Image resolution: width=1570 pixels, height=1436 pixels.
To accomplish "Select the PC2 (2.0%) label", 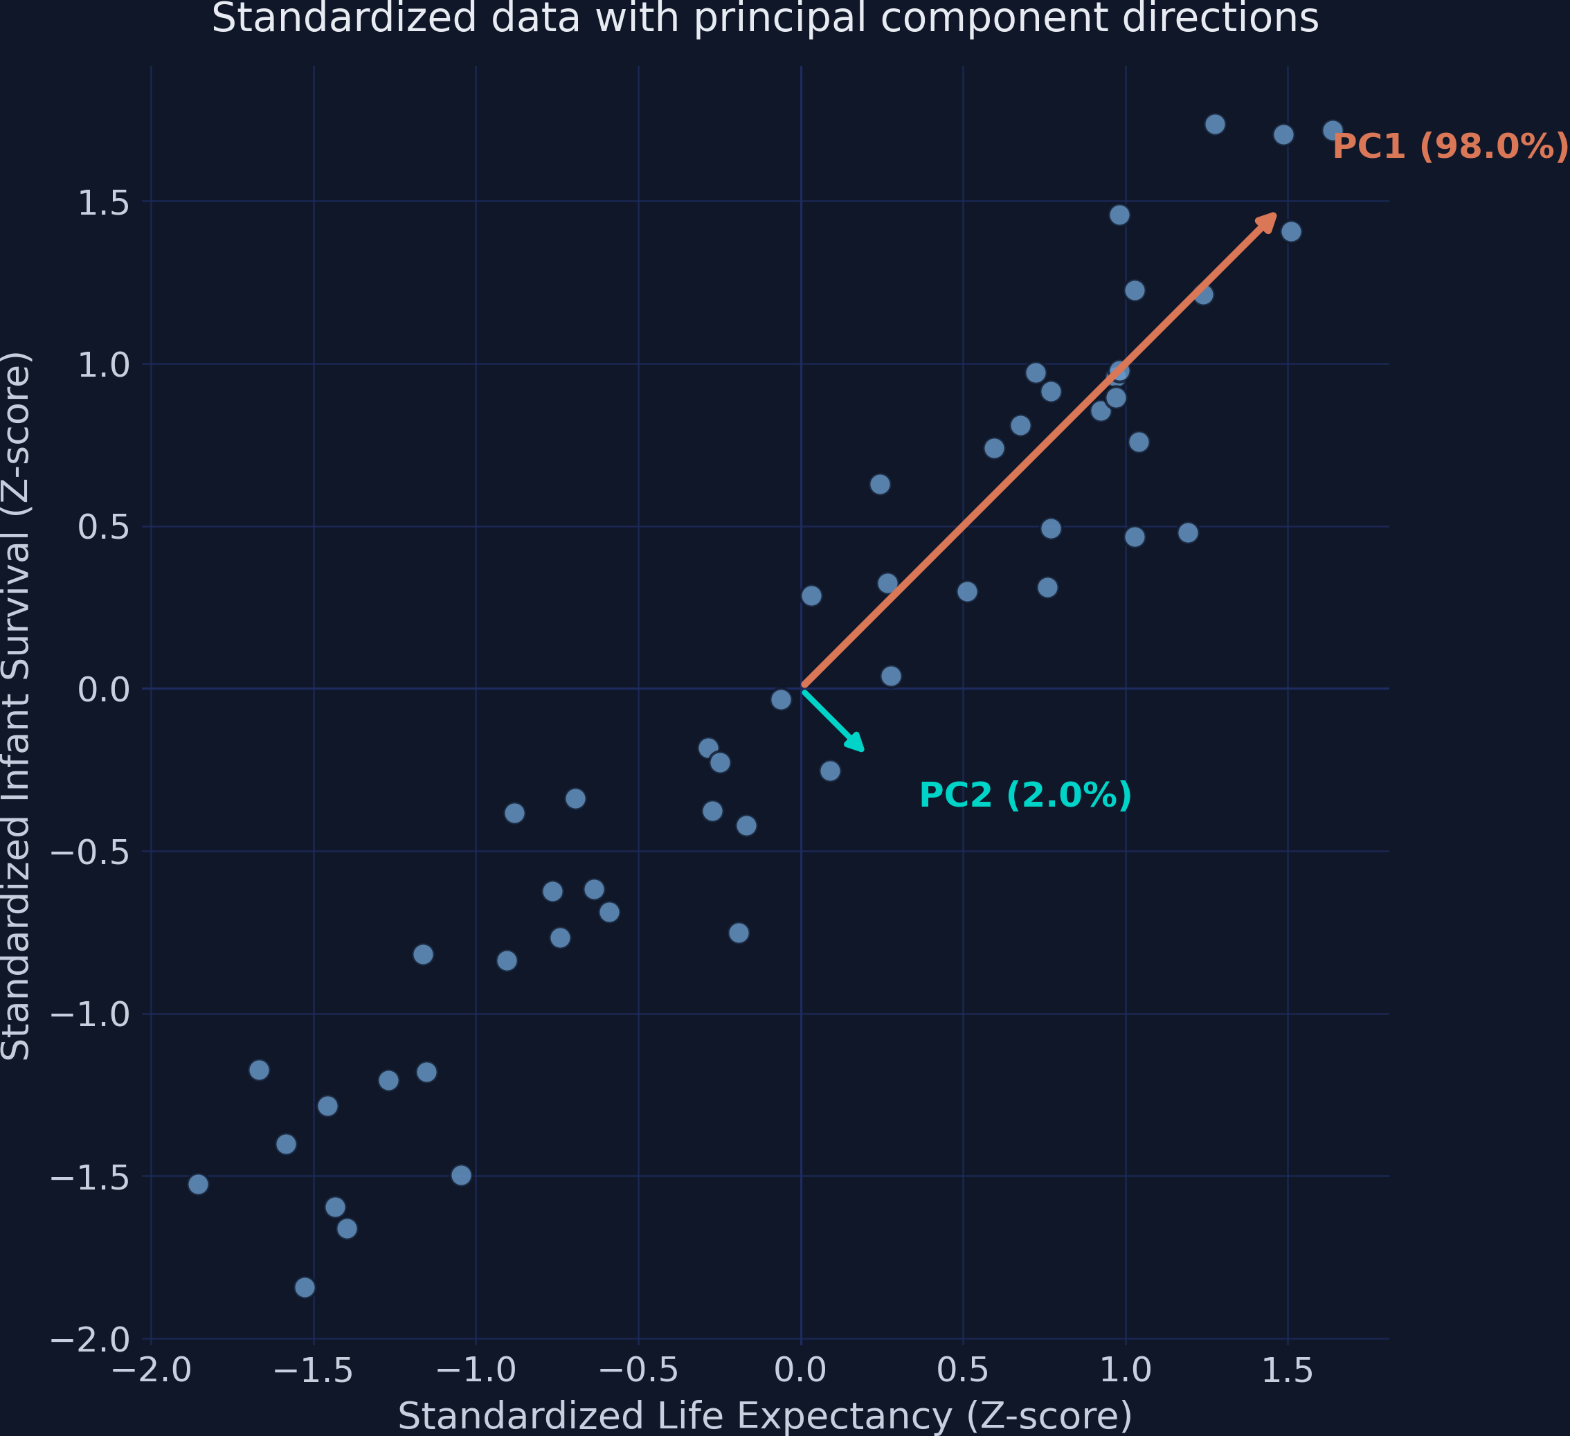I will click(x=1025, y=795).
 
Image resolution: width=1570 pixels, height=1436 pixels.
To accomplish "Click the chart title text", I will click(x=765, y=18).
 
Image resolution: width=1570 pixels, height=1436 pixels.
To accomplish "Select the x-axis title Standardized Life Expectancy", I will click(x=765, y=1416).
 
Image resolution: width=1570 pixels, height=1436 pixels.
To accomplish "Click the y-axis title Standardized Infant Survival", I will click(x=15, y=706).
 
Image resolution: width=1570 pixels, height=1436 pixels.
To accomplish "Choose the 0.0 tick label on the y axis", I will click(x=102, y=689).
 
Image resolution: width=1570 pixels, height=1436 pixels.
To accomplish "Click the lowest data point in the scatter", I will click(x=305, y=1287).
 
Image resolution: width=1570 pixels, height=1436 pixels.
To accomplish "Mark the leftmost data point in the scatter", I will click(x=199, y=1185).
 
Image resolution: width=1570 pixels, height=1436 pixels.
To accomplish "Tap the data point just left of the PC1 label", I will click(x=1333, y=130).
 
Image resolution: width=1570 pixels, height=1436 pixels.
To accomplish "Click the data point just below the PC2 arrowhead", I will click(x=830, y=771).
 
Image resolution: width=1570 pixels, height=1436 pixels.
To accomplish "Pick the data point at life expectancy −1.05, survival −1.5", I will click(x=461, y=1175).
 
